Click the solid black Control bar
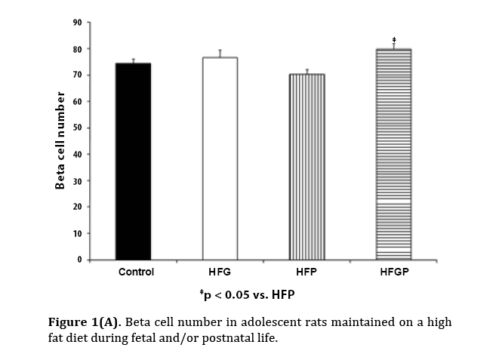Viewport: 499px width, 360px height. pyautogui.click(x=133, y=162)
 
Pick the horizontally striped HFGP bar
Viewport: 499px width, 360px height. pyautogui.click(x=393, y=155)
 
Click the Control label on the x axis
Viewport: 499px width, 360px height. pyautogui.click(x=136, y=272)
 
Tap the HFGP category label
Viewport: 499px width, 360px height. pyautogui.click(x=393, y=272)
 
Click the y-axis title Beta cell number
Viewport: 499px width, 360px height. pyautogui.click(x=61, y=141)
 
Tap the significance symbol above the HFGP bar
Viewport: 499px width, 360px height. pyautogui.click(x=394, y=39)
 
